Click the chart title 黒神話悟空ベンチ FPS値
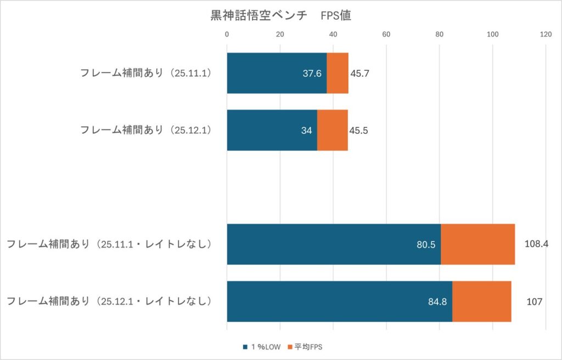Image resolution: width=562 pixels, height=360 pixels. click(281, 15)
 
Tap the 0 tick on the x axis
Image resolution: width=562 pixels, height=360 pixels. click(227, 35)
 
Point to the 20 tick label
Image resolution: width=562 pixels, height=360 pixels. click(280, 35)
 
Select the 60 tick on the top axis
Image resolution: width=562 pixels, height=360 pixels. click(386, 35)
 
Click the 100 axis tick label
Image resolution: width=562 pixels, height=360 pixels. click(493, 35)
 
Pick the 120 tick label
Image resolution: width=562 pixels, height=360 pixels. click(546, 35)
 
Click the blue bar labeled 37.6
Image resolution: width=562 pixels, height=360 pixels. click(277, 73)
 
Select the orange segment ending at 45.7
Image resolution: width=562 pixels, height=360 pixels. click(338, 73)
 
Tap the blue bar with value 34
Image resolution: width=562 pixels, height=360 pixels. click(272, 130)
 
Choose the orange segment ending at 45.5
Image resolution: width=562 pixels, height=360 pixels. click(333, 130)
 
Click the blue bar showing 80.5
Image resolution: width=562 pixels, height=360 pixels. click(334, 244)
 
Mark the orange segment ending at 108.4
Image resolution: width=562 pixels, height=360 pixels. click(477, 244)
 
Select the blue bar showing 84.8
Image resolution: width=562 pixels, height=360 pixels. click(339, 301)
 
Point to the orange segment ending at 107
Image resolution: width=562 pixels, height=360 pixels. click(482, 301)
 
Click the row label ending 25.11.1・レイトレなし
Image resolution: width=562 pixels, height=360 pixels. click(109, 244)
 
